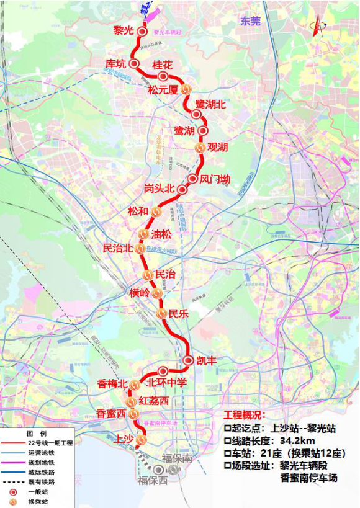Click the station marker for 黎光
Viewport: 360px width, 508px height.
click(142, 31)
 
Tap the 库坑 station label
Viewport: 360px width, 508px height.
click(115, 63)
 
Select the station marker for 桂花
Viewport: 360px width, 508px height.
click(163, 76)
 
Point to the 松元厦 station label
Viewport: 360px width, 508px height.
click(163, 90)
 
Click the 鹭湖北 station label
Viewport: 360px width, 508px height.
click(210, 104)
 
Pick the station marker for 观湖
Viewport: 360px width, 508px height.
click(200, 148)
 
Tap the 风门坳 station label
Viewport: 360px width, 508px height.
click(215, 179)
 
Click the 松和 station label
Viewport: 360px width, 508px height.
click(138, 211)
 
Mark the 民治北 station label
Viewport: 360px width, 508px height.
click(118, 248)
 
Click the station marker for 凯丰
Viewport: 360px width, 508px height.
click(189, 360)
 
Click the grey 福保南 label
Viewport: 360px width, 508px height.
click(175, 458)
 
